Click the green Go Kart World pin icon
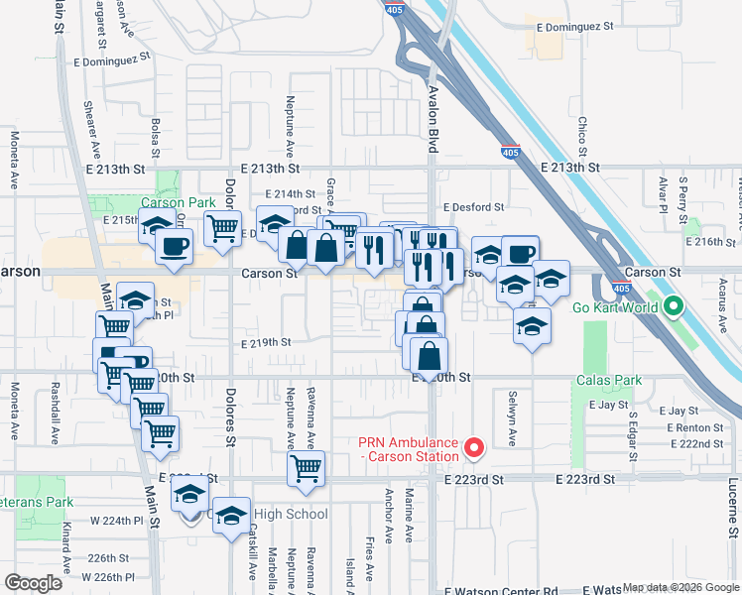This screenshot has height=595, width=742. (x=674, y=306)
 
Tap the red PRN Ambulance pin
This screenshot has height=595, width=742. (x=474, y=449)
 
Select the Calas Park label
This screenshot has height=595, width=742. (x=609, y=381)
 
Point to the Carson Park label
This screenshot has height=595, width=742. (x=184, y=202)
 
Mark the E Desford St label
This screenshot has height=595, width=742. (x=474, y=208)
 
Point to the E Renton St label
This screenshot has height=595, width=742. (x=697, y=427)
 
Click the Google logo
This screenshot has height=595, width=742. (x=33, y=583)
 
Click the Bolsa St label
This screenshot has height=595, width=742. (x=156, y=138)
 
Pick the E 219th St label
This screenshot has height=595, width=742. (x=266, y=343)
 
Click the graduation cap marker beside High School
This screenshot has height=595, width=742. (x=231, y=516)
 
